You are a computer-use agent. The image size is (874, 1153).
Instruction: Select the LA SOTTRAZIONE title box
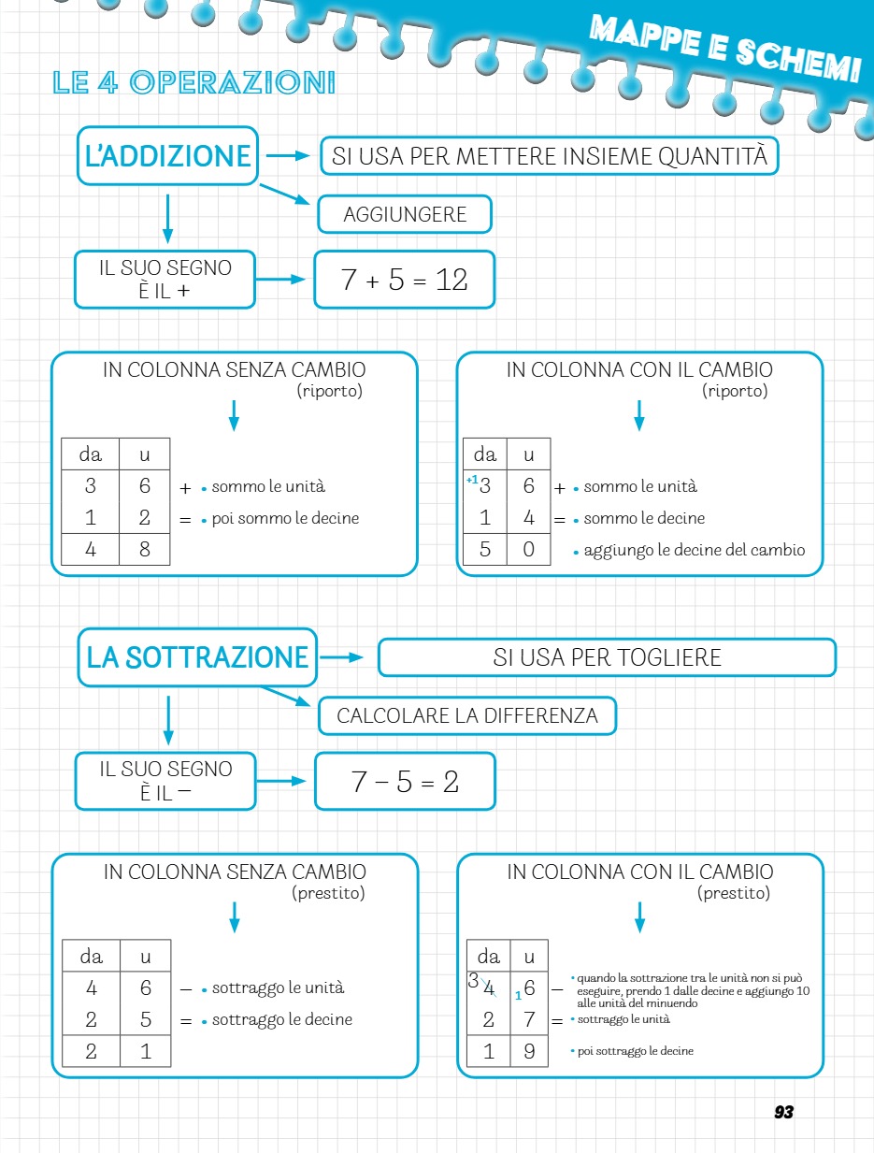(197, 657)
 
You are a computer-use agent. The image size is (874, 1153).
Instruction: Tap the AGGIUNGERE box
(405, 215)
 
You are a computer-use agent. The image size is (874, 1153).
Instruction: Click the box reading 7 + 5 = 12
(404, 280)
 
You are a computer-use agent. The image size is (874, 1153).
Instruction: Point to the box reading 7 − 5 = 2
(405, 782)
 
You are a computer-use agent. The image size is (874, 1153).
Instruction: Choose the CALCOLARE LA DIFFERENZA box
(467, 716)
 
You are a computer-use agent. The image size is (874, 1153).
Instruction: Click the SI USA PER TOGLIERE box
(607, 657)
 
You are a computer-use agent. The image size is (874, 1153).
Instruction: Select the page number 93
(783, 1112)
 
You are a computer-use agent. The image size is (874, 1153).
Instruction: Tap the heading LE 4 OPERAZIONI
(194, 83)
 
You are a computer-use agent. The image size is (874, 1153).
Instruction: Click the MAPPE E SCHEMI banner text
(724, 51)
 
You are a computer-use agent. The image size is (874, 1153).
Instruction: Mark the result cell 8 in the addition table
(145, 550)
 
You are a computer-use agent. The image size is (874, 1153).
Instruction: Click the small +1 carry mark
(472, 480)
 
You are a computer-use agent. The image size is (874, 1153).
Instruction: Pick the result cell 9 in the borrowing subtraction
(529, 1051)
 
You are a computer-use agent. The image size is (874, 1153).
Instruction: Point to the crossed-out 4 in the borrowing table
(489, 987)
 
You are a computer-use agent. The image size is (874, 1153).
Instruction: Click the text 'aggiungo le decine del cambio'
(694, 550)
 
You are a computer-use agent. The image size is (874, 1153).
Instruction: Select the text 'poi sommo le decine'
(285, 518)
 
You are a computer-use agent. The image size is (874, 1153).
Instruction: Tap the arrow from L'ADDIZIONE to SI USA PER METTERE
(287, 156)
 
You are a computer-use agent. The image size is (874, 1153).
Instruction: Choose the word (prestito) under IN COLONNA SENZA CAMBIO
(328, 893)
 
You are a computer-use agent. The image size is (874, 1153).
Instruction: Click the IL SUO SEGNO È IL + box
(165, 279)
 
